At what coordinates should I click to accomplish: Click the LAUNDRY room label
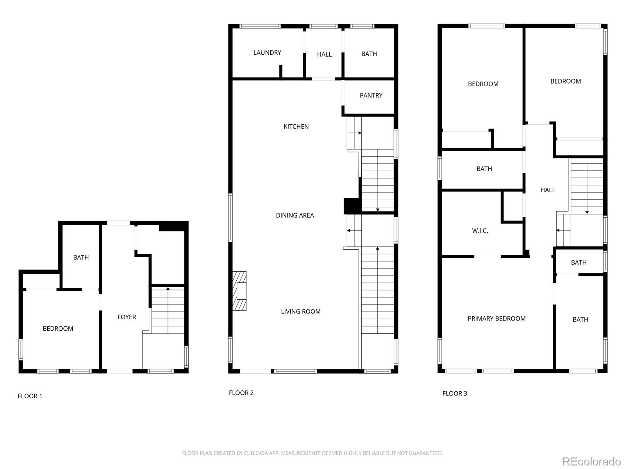click(267, 53)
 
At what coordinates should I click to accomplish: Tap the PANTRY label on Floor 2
click(371, 95)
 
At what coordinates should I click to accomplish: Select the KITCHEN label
click(296, 126)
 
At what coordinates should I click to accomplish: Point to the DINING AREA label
click(295, 215)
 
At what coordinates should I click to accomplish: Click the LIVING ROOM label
click(300, 311)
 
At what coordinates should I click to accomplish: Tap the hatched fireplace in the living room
click(239, 291)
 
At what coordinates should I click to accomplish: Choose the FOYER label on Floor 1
click(127, 317)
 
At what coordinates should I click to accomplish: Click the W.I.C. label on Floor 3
click(480, 231)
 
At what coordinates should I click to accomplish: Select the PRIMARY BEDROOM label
click(496, 319)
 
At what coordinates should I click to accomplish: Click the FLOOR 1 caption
click(30, 396)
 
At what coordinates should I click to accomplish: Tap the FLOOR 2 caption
click(241, 393)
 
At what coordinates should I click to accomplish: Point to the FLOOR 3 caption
click(454, 393)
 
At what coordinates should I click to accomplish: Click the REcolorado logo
click(591, 461)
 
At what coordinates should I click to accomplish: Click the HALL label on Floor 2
click(324, 54)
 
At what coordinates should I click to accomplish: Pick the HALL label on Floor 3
click(548, 190)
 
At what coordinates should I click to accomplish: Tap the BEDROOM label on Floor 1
click(58, 328)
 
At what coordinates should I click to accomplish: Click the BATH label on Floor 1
click(81, 258)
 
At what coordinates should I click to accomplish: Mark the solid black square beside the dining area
click(352, 206)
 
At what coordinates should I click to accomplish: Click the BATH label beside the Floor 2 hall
click(369, 54)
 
